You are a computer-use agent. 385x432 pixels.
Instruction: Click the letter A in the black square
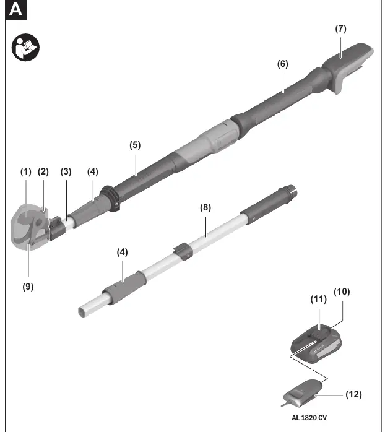pyautogui.click(x=15, y=10)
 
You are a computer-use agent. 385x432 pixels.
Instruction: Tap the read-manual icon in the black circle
pyautogui.click(x=25, y=48)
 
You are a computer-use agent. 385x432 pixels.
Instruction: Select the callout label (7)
pyautogui.click(x=340, y=28)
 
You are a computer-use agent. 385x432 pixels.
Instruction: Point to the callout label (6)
pyautogui.click(x=282, y=64)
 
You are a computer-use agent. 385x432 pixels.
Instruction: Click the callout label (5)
pyautogui.click(x=135, y=145)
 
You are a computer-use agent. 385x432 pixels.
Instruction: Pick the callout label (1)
pyautogui.click(x=26, y=171)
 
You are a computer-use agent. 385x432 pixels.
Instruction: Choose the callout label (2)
pyautogui.click(x=43, y=171)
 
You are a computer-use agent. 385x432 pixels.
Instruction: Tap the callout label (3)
pyautogui.click(x=66, y=171)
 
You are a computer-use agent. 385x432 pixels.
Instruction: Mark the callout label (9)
pyautogui.click(x=28, y=287)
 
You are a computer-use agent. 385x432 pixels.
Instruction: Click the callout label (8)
pyautogui.click(x=205, y=207)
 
